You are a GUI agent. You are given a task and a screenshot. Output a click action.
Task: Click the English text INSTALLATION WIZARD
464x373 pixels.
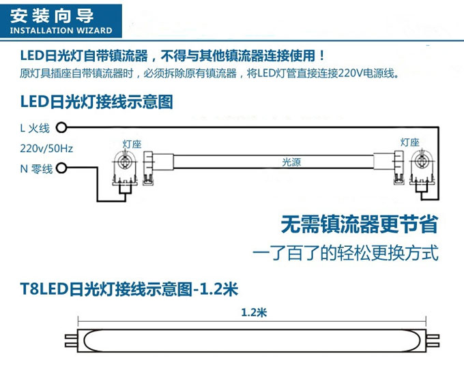[x=61, y=31]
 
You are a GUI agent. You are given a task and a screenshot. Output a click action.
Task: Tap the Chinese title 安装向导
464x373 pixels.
[x=52, y=16]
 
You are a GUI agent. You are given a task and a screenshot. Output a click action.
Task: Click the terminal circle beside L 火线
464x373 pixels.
[x=61, y=128]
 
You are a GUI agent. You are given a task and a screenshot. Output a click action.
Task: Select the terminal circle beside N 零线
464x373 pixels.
[x=61, y=168]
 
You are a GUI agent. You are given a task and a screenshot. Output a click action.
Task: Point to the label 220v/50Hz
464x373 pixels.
[x=46, y=148]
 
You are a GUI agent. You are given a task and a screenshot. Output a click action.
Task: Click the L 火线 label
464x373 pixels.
[x=35, y=128]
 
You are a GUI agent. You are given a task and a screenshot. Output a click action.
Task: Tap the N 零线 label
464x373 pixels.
[x=36, y=169]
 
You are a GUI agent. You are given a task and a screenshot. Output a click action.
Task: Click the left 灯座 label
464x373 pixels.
[x=132, y=144]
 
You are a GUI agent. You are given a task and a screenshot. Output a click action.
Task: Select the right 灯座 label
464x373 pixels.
[x=410, y=143]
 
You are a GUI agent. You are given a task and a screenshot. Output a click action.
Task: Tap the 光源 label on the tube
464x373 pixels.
[x=291, y=162]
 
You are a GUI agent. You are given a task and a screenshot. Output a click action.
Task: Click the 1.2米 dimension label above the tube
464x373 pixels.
[x=254, y=312]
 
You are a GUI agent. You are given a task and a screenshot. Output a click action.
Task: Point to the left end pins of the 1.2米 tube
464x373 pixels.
[x=71, y=340]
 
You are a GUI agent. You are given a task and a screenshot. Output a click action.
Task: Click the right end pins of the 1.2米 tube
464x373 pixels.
[x=433, y=340]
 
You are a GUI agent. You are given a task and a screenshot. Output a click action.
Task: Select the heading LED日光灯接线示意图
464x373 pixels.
[x=96, y=102]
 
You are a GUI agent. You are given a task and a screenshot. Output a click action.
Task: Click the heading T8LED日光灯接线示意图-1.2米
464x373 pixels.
[x=129, y=289]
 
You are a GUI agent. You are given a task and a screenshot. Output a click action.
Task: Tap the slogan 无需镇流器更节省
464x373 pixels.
[x=360, y=224]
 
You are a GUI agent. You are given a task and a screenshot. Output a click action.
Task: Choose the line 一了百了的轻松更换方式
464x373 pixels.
[x=345, y=253]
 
